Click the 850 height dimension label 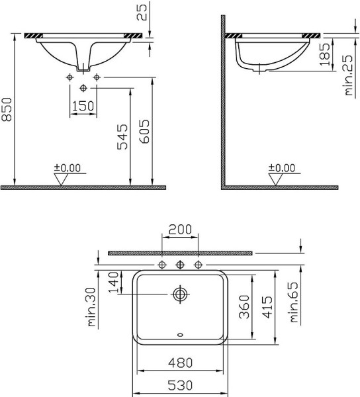(x=7, y=109)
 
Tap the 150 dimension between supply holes (x=83, y=106)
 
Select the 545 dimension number (x=122, y=137)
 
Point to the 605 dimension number (x=144, y=132)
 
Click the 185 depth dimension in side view (x=325, y=54)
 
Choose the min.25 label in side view (x=348, y=75)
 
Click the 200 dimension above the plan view (x=180, y=230)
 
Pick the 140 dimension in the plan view (x=113, y=282)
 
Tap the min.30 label (x=91, y=307)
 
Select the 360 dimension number (x=245, y=306)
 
